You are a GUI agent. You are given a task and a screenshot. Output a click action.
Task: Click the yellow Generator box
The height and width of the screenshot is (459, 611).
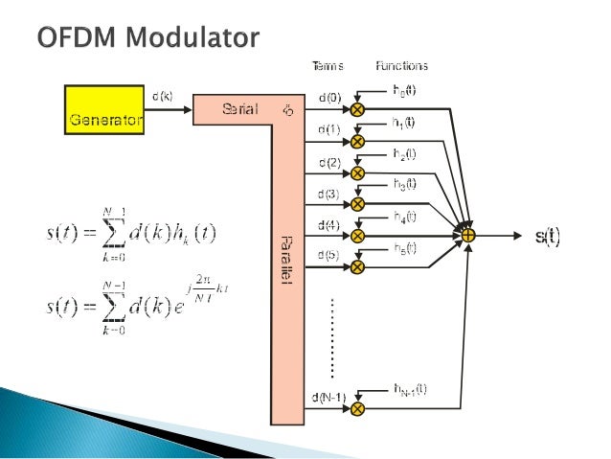pyautogui.click(x=104, y=109)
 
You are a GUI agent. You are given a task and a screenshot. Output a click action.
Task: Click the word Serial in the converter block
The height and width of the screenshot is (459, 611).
pyautogui.click(x=238, y=109)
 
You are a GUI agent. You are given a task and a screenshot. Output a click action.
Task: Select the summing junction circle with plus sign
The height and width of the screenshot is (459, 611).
pyautogui.click(x=468, y=234)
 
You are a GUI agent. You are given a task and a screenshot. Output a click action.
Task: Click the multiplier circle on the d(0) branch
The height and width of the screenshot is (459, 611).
pyautogui.click(x=357, y=110)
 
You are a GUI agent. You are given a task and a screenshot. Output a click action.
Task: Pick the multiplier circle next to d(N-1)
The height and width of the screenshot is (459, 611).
pyautogui.click(x=357, y=409)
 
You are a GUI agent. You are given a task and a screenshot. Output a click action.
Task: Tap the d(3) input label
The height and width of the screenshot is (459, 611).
pyautogui.click(x=328, y=194)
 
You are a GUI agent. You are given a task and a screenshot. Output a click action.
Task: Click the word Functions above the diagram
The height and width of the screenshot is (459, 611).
pyautogui.click(x=402, y=66)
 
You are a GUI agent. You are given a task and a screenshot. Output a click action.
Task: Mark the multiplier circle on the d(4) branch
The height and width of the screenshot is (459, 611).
pyautogui.click(x=357, y=235)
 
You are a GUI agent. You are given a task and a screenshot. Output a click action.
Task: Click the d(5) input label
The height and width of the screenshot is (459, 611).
pyautogui.click(x=328, y=255)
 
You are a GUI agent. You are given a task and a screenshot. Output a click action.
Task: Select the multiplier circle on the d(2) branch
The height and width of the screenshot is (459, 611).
pyautogui.click(x=357, y=172)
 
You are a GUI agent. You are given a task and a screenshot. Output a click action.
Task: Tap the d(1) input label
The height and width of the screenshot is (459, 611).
pyautogui.click(x=328, y=129)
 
